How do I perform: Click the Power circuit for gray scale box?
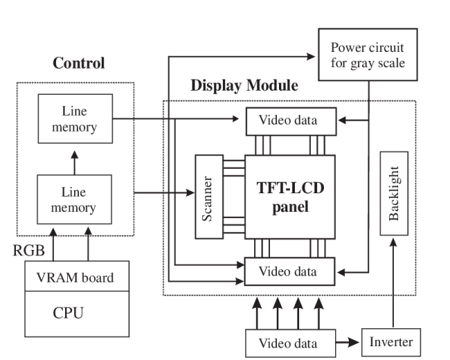366,56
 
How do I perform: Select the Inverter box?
390,342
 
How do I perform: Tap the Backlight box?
394,193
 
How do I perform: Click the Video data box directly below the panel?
290,271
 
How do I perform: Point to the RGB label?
28,251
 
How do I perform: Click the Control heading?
80,64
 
